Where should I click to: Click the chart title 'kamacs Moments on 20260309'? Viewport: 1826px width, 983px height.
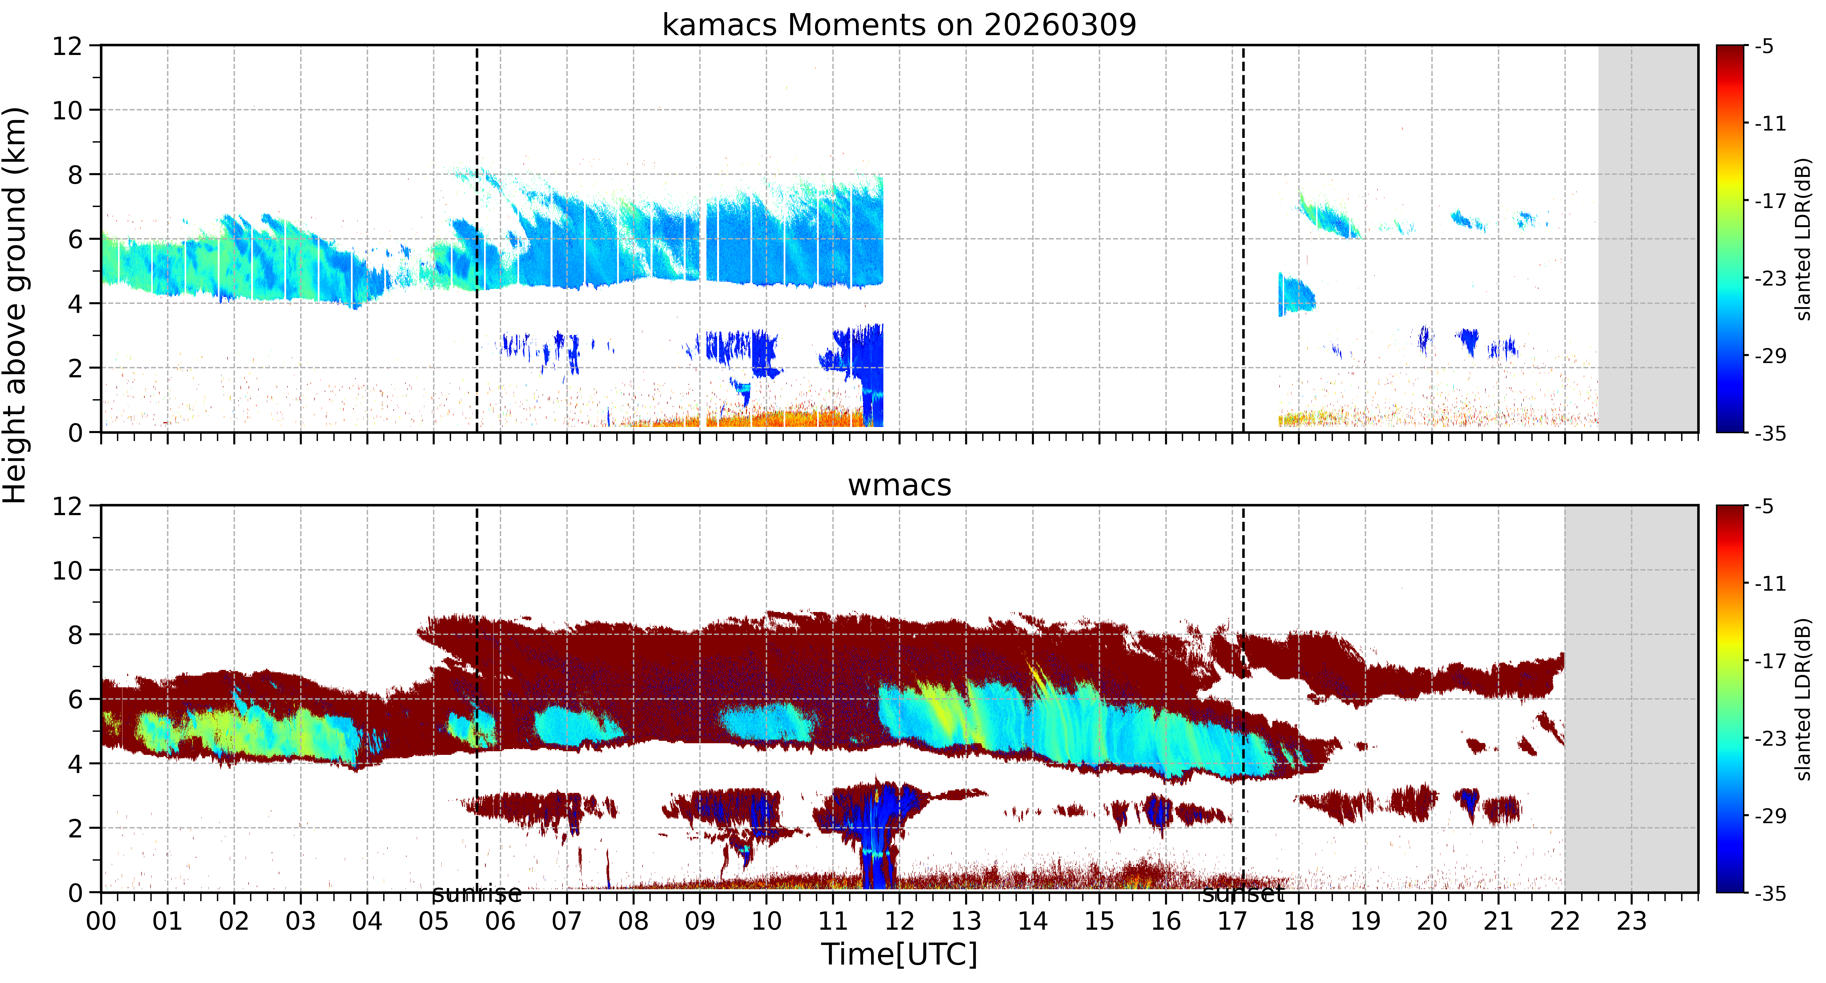pyautogui.click(x=899, y=25)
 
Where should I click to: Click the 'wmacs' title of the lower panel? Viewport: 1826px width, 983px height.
pyautogui.click(x=900, y=485)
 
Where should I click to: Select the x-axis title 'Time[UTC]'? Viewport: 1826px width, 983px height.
pyautogui.click(x=899, y=954)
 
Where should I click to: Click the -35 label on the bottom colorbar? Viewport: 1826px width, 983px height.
pyautogui.click(x=1770, y=893)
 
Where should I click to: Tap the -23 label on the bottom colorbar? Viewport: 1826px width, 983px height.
pyautogui.click(x=1770, y=738)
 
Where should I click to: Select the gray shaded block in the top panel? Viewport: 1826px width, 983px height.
pyautogui.click(x=1648, y=238)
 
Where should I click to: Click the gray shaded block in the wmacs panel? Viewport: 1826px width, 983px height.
pyautogui.click(x=1631, y=699)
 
